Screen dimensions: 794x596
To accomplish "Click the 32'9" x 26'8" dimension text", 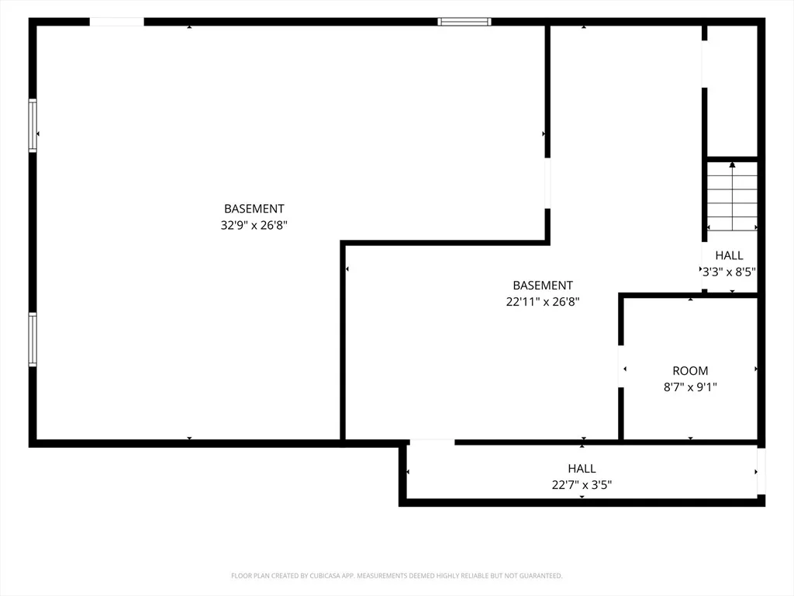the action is (254, 225).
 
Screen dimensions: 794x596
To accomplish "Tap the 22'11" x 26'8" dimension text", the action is (543, 302).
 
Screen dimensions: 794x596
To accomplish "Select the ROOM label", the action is (690, 370).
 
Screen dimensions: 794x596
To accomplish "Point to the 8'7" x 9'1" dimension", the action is (690, 387).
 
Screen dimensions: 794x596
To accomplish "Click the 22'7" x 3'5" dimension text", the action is (582, 485).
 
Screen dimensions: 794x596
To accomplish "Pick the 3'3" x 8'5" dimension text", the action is (729, 272).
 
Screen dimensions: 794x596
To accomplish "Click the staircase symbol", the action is (732, 196).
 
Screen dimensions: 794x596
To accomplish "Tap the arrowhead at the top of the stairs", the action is (732, 165).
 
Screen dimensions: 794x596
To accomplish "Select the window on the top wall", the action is (464, 22).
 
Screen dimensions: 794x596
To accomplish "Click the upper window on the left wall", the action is (33, 125).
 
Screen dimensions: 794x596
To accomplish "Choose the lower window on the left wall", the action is (33, 340).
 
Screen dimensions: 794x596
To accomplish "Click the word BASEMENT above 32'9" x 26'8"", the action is (254, 209).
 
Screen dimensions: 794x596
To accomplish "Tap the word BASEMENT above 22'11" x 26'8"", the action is (543, 286).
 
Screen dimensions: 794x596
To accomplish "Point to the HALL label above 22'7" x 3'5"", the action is (582, 469).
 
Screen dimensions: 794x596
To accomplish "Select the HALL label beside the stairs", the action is (729, 255).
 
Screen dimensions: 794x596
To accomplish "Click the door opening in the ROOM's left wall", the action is (621, 366).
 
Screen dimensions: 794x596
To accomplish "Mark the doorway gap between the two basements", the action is (547, 183).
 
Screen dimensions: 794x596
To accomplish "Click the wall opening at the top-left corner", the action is (117, 22).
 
